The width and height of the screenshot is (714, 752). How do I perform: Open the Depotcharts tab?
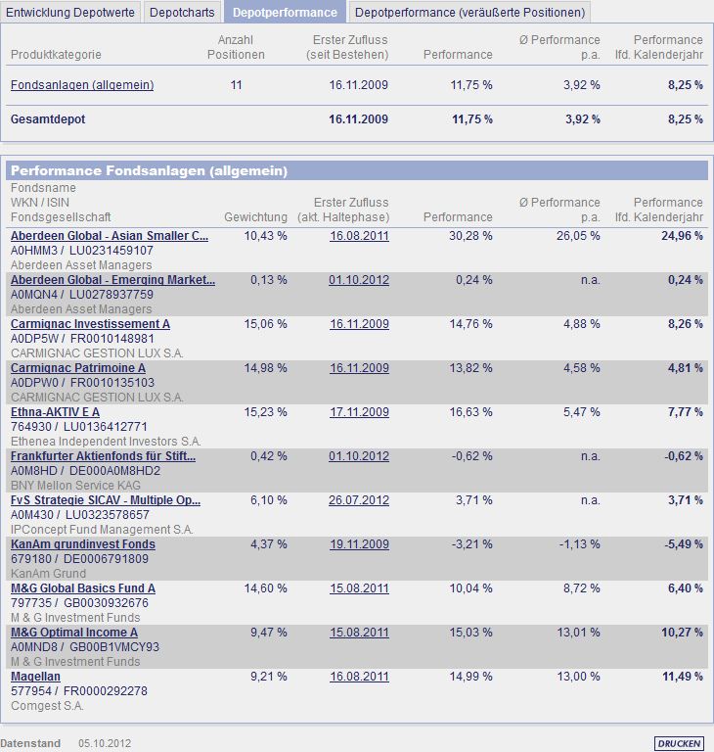(182, 12)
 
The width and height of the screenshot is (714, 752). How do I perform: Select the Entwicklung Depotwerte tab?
(70, 12)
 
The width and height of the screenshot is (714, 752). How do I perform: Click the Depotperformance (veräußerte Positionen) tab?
(469, 12)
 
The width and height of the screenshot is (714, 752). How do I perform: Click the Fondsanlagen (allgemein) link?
(82, 85)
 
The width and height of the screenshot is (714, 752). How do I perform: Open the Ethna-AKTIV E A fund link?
(55, 412)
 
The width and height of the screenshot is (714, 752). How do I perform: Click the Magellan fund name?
(35, 677)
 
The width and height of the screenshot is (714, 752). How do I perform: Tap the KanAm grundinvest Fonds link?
(83, 544)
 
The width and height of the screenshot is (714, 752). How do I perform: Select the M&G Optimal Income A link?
(74, 633)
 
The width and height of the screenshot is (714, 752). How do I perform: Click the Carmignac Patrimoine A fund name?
(78, 368)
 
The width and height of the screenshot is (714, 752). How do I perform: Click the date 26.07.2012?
(359, 500)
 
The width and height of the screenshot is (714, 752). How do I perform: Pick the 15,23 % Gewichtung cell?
(265, 412)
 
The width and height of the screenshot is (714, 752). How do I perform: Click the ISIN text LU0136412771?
(105, 427)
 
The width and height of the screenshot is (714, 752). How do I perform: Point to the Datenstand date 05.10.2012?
(107, 743)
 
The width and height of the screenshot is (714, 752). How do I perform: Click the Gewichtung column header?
(256, 216)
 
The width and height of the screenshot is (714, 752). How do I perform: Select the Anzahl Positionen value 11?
(236, 85)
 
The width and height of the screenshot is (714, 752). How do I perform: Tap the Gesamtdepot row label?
(48, 119)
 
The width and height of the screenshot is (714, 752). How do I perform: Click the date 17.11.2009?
(359, 412)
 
